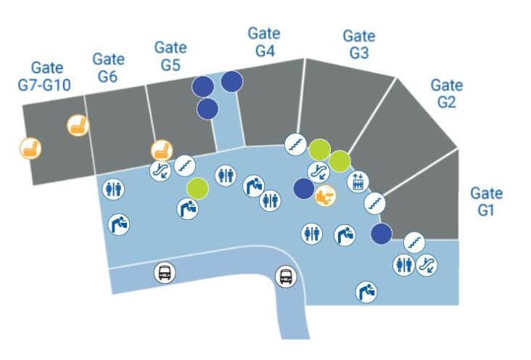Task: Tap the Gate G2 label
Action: [446, 94]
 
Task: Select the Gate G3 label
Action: [358, 44]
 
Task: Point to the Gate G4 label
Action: [265, 42]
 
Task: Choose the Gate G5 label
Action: [170, 56]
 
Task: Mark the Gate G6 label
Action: [109, 67]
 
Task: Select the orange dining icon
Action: [324, 195]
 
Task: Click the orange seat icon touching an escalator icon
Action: [162, 151]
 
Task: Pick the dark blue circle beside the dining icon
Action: [304, 189]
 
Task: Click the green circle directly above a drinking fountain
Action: [197, 188]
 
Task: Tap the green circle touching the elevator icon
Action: [339, 160]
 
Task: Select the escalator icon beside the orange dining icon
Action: [318, 171]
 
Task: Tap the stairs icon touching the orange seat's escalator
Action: [184, 165]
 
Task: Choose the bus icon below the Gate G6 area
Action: [165, 274]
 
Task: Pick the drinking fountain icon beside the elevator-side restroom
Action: [345, 234]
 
